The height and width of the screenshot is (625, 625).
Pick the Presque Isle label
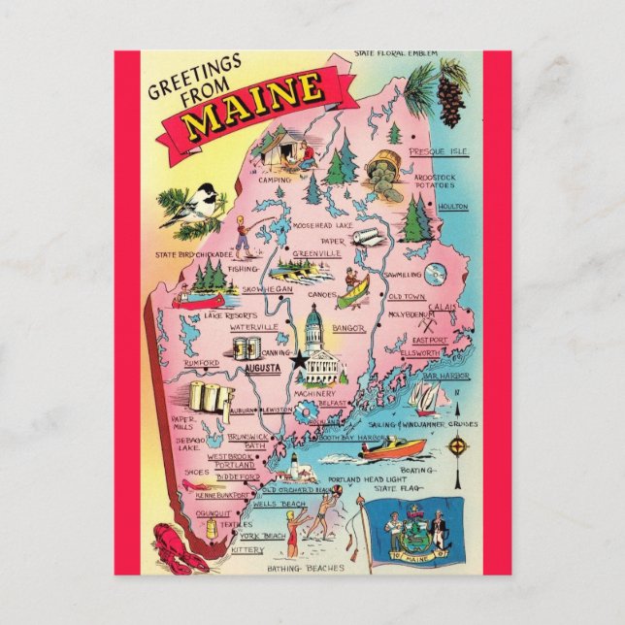coord(439,152)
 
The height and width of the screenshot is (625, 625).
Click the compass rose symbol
coord(458,447)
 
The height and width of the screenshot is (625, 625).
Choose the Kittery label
coord(247,550)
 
